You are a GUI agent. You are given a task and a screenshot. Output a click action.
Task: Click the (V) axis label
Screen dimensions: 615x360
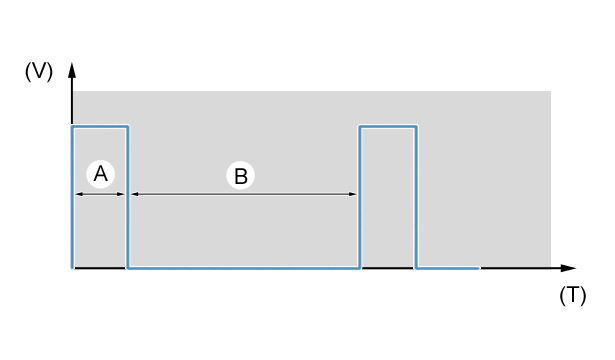[39, 72]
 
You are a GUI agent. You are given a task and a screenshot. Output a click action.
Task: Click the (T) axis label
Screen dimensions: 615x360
[573, 295]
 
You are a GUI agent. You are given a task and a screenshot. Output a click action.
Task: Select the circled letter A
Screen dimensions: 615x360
[100, 174]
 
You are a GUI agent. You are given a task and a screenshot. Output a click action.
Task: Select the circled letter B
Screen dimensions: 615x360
[240, 176]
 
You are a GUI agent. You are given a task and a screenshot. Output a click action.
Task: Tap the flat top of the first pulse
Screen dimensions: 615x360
[100, 126]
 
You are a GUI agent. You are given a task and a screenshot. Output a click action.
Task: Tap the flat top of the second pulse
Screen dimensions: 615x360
[388, 126]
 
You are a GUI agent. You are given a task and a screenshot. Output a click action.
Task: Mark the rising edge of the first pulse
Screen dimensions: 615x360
[73, 197]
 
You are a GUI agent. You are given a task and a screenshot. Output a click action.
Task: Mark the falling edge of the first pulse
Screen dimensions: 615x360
[127, 197]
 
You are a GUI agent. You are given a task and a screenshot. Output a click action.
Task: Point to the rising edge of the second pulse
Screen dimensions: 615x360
[360, 197]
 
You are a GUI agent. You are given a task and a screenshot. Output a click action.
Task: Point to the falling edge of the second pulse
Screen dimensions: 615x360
[416, 197]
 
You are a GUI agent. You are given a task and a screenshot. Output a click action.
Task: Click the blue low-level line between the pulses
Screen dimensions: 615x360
[244, 268]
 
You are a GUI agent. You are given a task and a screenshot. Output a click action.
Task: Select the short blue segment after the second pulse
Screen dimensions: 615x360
[448, 268]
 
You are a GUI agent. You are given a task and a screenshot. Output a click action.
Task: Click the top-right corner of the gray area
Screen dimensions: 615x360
[551, 91]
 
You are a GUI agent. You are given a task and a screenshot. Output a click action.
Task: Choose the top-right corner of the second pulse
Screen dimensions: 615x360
[416, 126]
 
